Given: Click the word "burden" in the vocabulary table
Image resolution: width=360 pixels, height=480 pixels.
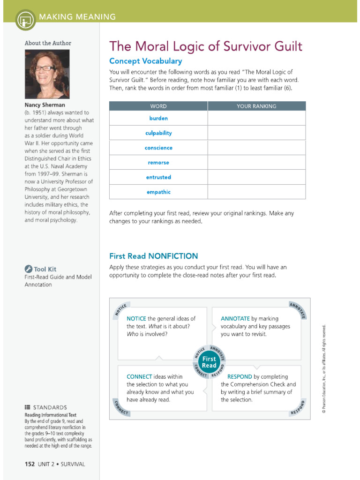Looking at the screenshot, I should point(158,119).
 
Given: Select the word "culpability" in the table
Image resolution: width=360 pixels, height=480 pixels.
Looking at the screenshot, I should point(158,133).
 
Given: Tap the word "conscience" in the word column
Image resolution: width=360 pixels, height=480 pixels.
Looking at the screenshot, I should point(158,148).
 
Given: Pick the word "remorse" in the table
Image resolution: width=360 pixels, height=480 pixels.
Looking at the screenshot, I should point(158,163).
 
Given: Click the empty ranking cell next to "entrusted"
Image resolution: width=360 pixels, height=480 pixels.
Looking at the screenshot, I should point(256,177).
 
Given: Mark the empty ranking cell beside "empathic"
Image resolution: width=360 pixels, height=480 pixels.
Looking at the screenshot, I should point(256,192).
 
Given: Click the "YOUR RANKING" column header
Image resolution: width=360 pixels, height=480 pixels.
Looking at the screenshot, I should point(256,106).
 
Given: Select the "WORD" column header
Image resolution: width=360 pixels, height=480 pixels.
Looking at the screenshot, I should point(158,106).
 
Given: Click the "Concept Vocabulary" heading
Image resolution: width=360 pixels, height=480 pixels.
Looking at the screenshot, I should point(145,61).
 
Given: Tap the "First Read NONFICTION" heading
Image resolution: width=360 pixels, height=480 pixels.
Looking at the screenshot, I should point(153,256).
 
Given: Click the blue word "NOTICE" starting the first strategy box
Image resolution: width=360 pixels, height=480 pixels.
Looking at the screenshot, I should point(136,319).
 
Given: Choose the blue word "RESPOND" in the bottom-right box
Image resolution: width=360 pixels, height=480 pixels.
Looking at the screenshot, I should point(240,377).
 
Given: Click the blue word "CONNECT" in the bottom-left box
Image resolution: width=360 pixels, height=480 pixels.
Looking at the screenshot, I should point(139,377).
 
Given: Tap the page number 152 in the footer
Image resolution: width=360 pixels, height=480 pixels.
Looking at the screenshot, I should point(30,464).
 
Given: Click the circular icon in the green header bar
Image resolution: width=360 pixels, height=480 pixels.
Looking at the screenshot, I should point(25,19).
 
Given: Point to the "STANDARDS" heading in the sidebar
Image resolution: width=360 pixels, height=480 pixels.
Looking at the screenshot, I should point(49,408).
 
